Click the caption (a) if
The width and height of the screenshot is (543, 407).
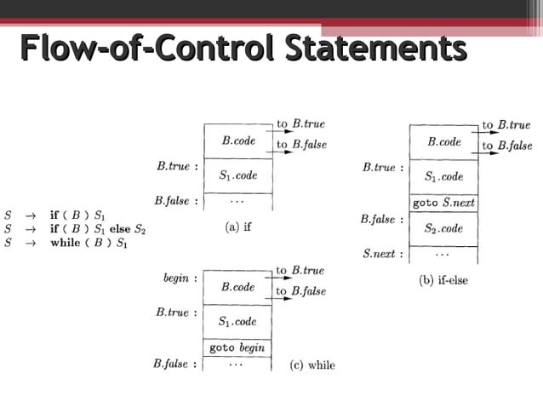point(237,227)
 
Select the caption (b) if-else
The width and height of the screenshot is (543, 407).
point(443,280)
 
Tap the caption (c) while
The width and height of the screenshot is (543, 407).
point(312,365)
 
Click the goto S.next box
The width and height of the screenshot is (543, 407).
point(443,203)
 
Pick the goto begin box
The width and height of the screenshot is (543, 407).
point(237,348)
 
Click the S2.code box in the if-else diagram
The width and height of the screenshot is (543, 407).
point(443,228)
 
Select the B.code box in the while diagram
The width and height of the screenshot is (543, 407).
point(237,288)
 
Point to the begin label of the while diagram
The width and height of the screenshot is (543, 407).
point(180,278)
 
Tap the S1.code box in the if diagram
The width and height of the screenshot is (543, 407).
point(237,176)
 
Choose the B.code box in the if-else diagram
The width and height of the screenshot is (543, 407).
point(443,142)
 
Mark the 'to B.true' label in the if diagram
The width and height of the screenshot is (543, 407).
point(300,124)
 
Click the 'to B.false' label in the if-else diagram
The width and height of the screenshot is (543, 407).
point(506,146)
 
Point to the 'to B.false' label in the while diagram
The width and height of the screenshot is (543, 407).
point(300,291)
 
